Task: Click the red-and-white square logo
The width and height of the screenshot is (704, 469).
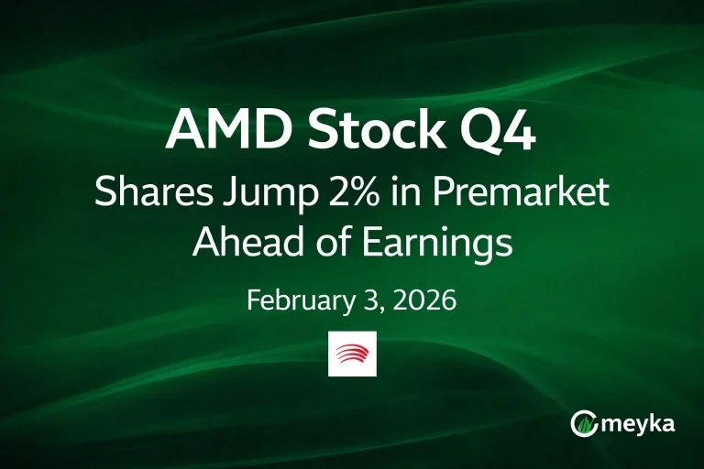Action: (352, 353)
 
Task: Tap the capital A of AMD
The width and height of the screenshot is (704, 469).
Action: (183, 133)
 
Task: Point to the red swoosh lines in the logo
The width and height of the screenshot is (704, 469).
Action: (352, 353)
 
